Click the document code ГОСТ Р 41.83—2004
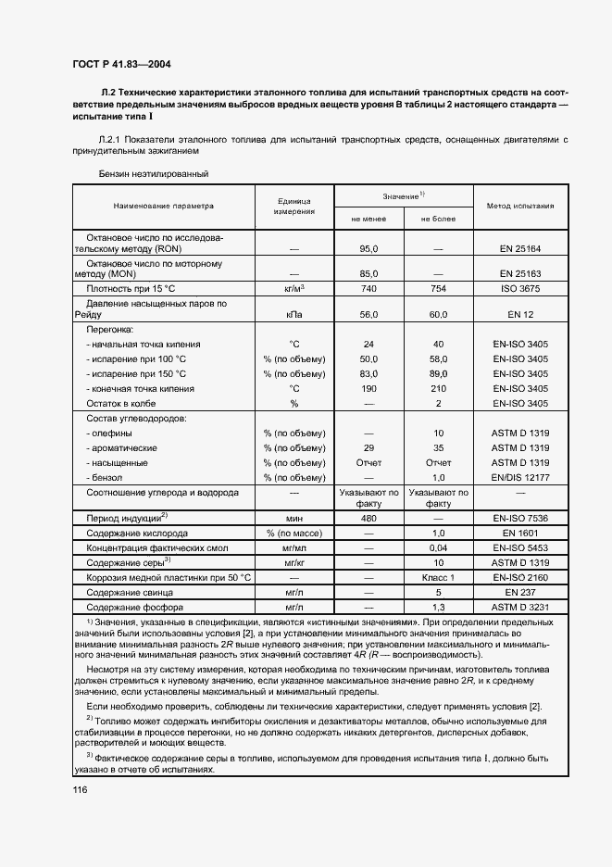pos(120,64)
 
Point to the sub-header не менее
pos(368,219)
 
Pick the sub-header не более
pos(438,219)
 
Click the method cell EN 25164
pos(519,248)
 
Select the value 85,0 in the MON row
pos(368,274)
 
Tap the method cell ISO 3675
pos(519,290)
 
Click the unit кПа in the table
pos(294,316)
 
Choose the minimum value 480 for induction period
pos(368,518)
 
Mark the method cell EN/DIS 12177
pos(519,476)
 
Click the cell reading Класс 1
pos(438,577)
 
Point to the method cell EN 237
pos(519,592)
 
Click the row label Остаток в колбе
pos(121,404)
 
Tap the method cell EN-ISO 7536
pos(519,518)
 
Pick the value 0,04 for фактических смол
pos(438,547)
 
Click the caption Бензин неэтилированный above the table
pos(154,173)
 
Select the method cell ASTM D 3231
pos(519,607)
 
